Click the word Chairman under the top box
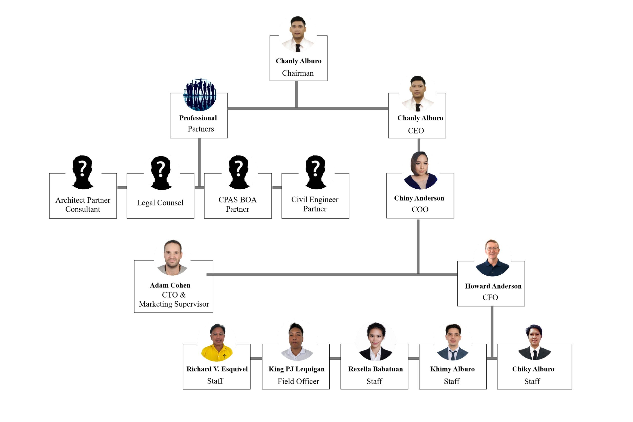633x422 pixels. (x=298, y=73)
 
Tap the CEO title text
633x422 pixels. (x=416, y=131)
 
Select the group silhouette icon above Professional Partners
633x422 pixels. (x=200, y=95)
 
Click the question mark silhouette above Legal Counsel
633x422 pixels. (x=161, y=173)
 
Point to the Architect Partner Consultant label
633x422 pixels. (x=83, y=204)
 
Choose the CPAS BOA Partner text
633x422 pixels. (x=237, y=204)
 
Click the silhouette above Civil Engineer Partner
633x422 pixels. (x=316, y=172)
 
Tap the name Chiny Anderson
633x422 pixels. (x=419, y=198)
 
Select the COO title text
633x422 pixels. (x=420, y=209)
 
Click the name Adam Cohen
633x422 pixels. (x=170, y=285)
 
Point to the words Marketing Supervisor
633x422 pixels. (x=174, y=304)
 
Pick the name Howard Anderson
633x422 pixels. (x=493, y=286)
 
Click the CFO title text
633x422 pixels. (x=490, y=297)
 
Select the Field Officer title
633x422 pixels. (x=298, y=381)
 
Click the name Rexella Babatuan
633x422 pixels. (x=375, y=369)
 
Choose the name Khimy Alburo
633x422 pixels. (x=452, y=369)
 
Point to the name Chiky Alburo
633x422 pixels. (x=533, y=369)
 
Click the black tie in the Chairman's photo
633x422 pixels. (x=298, y=48)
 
